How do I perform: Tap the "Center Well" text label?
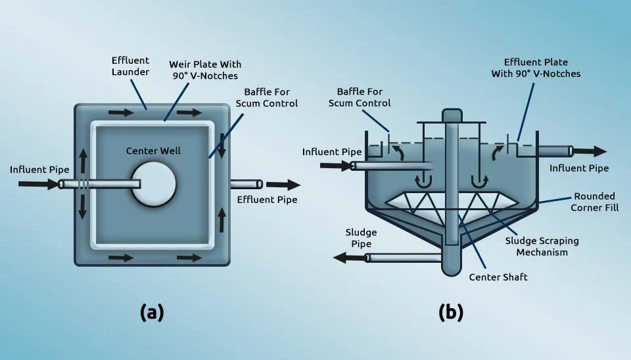[x=153, y=151]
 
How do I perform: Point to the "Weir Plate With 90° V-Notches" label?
[x=205, y=70]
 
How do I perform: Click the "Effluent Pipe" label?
[x=267, y=200]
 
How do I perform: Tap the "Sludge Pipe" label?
[x=361, y=238]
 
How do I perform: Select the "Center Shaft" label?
[x=498, y=277]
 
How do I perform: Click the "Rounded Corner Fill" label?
[x=594, y=202]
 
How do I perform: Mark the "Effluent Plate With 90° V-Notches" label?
[x=536, y=68]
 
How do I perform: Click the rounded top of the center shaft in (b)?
[x=452, y=115]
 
